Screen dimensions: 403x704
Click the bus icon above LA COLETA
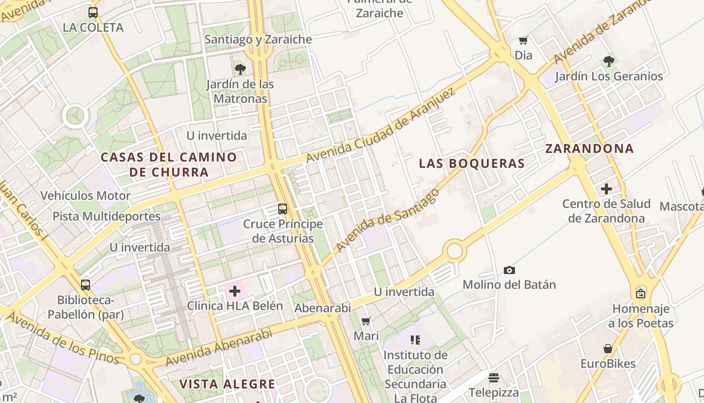93,13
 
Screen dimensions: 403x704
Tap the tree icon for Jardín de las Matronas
240,69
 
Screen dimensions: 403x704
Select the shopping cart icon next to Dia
523,40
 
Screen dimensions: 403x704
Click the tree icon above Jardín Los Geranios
609,61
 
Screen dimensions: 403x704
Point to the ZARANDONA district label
589,149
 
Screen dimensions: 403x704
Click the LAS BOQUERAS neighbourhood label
472,164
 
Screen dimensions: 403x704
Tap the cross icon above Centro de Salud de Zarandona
606,189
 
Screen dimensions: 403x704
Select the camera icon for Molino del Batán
509,271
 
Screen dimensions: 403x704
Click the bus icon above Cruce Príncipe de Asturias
283,209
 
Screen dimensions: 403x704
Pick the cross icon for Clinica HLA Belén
235,291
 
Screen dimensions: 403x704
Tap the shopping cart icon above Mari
366,321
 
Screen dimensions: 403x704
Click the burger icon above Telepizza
493,378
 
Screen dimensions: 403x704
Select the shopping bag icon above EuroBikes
608,349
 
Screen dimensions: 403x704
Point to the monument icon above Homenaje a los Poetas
641,293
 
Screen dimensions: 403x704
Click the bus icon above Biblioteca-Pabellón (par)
85,285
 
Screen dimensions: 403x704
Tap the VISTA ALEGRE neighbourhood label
227,384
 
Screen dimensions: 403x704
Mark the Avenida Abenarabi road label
218,347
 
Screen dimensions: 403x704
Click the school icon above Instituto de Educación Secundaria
415,340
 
